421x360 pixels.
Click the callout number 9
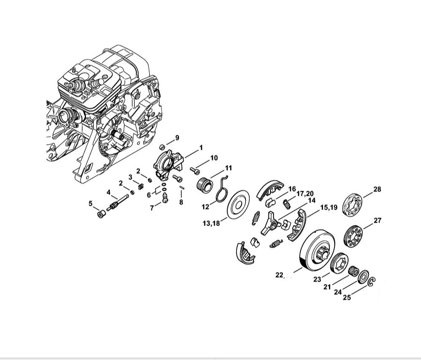coord(177,138)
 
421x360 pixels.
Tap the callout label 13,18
coord(211,223)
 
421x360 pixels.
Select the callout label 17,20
coord(305,193)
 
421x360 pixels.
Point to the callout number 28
coord(377,189)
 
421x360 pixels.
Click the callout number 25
coord(347,297)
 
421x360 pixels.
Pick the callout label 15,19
coord(329,207)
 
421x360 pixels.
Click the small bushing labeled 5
coord(101,215)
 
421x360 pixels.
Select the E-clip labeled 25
coord(372,281)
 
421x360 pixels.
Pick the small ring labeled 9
coord(162,147)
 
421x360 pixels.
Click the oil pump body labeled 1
coord(168,164)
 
